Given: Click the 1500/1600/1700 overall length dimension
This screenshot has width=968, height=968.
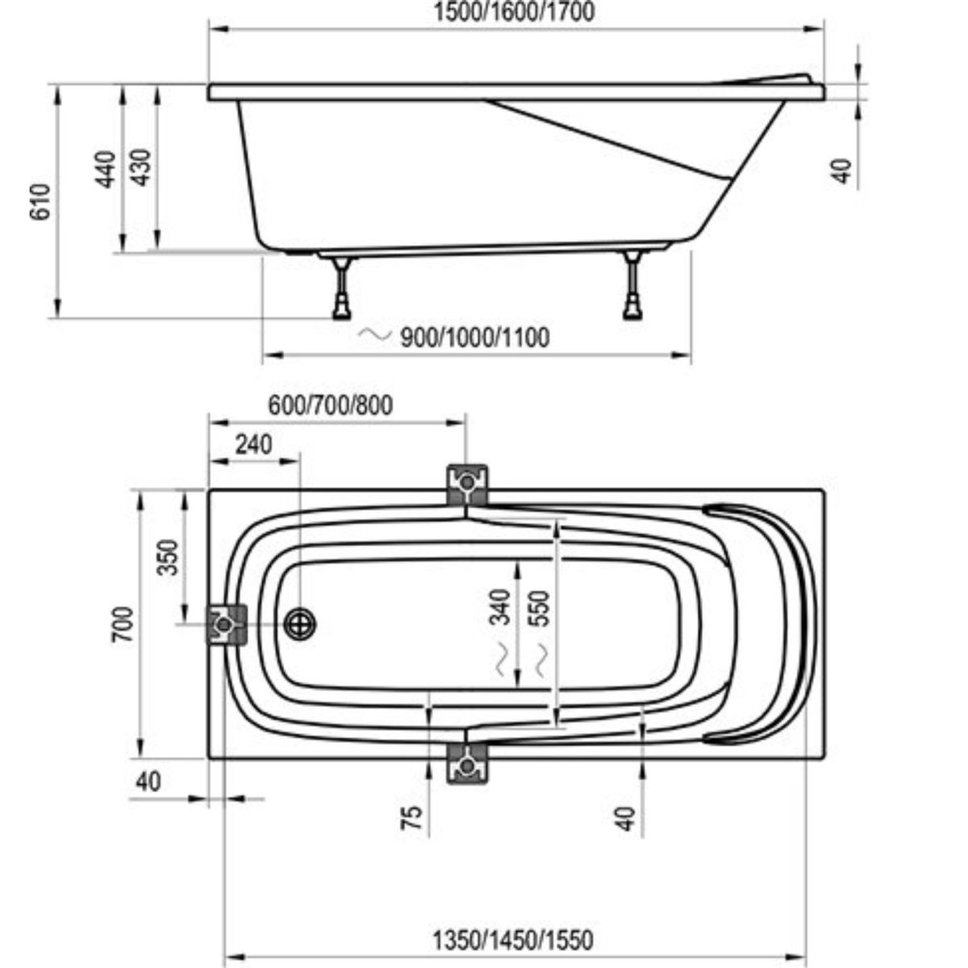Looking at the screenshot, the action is coord(513,12).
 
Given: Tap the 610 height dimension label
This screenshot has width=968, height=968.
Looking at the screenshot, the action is coord(40,202).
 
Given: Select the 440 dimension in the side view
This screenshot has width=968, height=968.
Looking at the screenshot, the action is coord(106,169).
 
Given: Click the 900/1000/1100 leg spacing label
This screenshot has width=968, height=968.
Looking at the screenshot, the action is coord(474,337).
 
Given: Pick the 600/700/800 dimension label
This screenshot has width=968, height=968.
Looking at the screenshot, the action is coord(331,406).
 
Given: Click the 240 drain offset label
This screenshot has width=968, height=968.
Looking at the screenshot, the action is coord(254,444).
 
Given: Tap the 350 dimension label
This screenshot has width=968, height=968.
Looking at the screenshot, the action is coord(167,557).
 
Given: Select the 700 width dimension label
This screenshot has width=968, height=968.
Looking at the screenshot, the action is coord(123,624).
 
